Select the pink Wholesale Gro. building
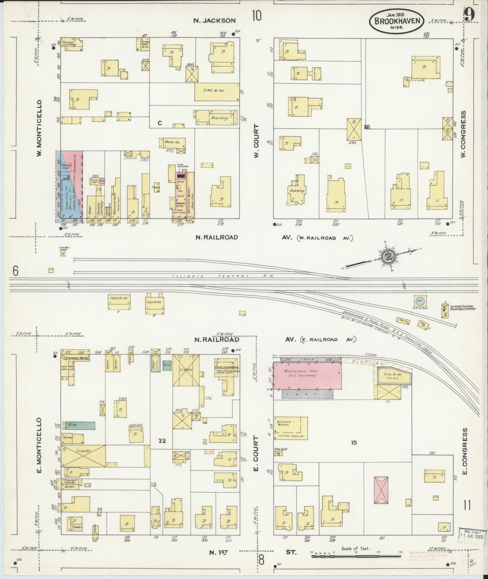307,375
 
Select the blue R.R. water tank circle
419,301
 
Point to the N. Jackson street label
215,21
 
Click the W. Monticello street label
39,129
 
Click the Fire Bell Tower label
64,248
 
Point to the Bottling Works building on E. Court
290,428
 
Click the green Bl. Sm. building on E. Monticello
79,425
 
